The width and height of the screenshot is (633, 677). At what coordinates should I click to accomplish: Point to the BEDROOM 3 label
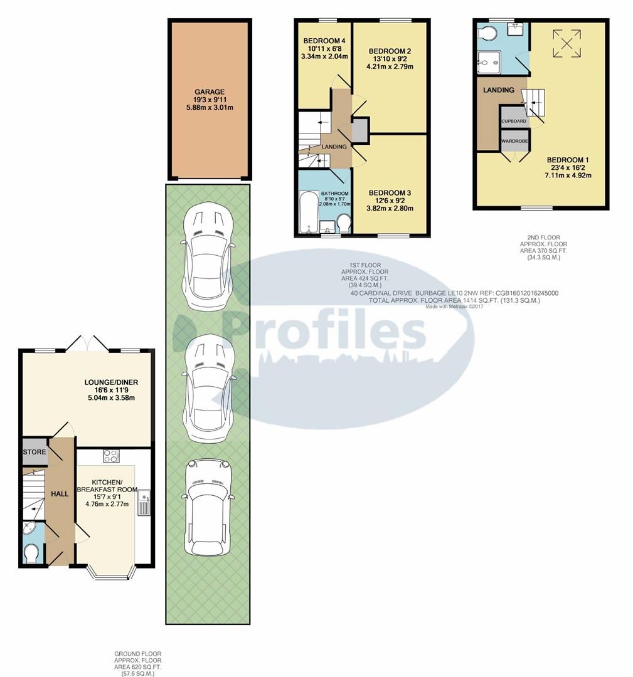click(x=390, y=192)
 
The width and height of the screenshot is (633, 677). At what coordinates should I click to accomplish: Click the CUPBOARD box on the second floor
click(x=513, y=121)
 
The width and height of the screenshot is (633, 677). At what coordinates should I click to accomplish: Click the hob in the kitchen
click(x=111, y=456)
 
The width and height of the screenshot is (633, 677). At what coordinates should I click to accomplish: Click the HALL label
click(x=60, y=494)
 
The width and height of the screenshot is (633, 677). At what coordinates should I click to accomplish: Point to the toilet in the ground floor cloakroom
click(x=31, y=554)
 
